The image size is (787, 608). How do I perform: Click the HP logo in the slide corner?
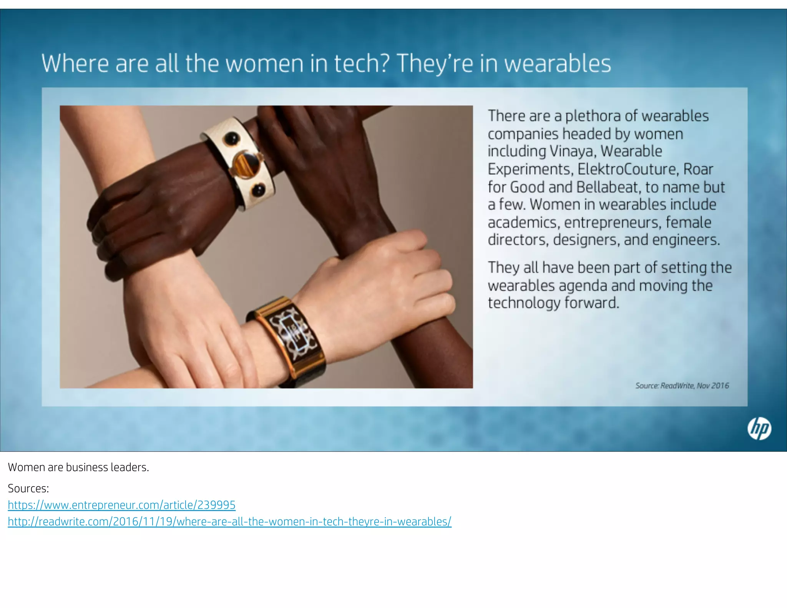pos(759,429)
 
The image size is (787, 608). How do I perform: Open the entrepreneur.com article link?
pos(121,505)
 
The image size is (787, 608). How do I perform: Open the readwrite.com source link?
pos(229,522)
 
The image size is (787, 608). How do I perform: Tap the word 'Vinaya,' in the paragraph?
pos(573,151)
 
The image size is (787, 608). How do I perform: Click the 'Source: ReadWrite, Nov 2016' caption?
pos(682,385)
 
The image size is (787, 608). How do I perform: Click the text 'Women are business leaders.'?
pos(78,467)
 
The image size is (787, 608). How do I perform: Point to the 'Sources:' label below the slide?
pos(28,488)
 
